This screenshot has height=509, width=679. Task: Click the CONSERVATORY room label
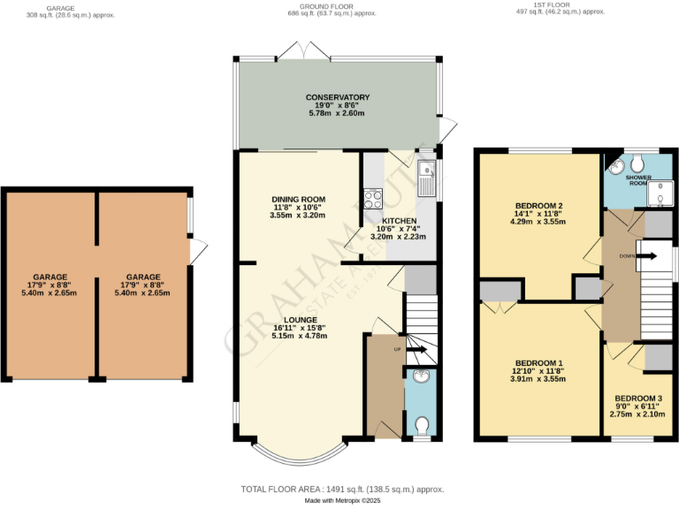(x=337, y=97)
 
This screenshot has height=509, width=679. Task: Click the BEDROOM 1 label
(x=538, y=363)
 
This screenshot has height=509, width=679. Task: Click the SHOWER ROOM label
(x=638, y=179)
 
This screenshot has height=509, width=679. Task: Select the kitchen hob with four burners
(x=372, y=197)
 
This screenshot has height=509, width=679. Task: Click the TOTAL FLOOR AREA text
(x=342, y=489)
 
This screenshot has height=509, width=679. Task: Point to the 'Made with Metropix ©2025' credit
(x=342, y=501)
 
